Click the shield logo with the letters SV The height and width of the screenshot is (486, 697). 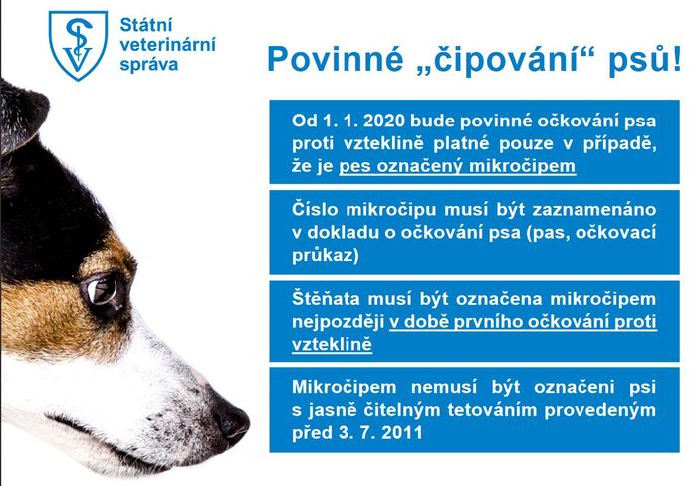(x=78, y=45)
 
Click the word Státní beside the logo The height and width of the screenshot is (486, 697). (x=146, y=25)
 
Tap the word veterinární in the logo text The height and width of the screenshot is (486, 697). (x=168, y=45)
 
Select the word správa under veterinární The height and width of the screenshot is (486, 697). (x=149, y=65)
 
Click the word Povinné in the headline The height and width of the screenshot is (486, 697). (x=336, y=58)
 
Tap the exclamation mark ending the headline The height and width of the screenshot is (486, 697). (x=676, y=58)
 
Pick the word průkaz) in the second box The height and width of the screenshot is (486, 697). (x=326, y=256)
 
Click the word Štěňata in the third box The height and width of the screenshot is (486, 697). (x=326, y=299)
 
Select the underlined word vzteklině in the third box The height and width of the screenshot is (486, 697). (x=332, y=345)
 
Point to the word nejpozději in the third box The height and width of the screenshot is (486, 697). (x=338, y=323)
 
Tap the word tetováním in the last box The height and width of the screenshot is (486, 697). (x=492, y=410)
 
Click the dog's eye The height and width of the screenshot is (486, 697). (x=104, y=292)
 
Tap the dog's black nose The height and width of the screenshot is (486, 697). (x=231, y=421)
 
